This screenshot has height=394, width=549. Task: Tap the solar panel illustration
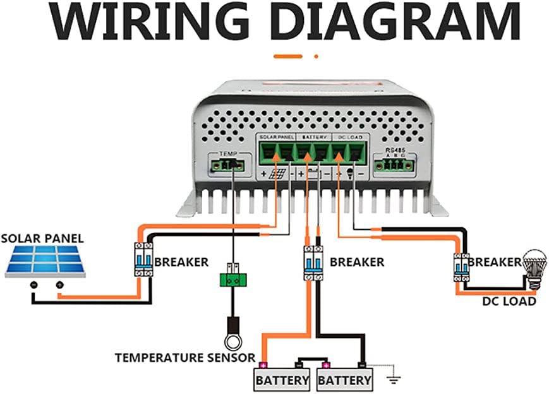(46, 262)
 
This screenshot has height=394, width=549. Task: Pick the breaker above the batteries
(311, 261)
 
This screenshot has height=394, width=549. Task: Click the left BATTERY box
(282, 380)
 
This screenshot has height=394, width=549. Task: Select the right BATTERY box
(344, 380)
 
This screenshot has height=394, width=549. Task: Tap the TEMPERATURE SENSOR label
(185, 357)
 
